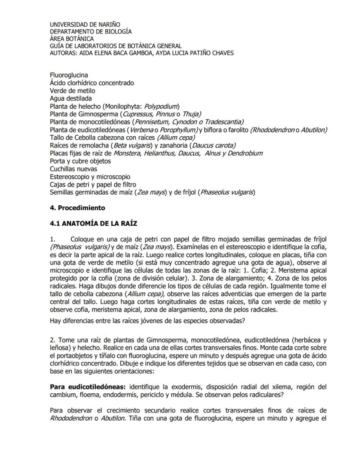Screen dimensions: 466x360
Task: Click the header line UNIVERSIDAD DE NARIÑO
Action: pyautogui.click(x=85, y=25)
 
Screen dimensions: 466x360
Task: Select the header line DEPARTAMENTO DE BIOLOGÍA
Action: pyautogui.click(x=90, y=32)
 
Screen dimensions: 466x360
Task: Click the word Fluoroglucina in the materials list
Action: pyautogui.click(x=69, y=75)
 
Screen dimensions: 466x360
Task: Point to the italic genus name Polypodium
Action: pyautogui.click(x=161, y=106)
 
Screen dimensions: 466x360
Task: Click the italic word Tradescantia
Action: pyautogui.click(x=223, y=122)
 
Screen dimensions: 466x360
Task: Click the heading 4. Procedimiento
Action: pyautogui.click(x=77, y=208)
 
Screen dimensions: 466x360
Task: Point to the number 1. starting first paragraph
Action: pyautogui.click(x=53, y=240)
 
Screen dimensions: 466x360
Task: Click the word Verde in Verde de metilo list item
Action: pyautogui.click(x=58, y=91)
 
